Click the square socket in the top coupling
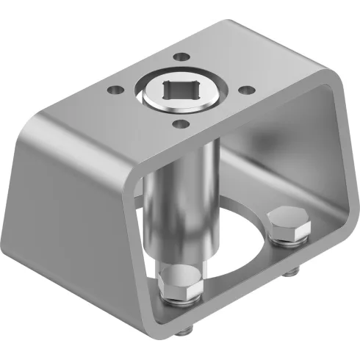[180, 93]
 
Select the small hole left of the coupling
[115, 91]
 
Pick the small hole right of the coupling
[248, 90]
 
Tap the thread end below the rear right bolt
[293, 273]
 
